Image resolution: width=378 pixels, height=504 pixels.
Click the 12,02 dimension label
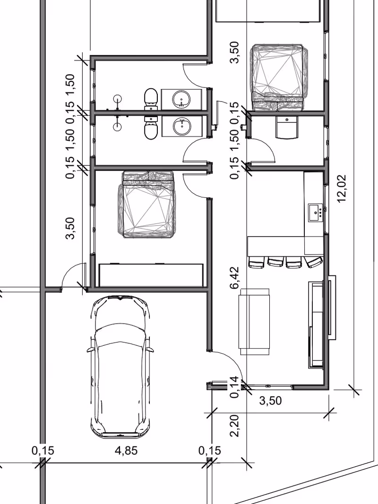tap(342, 188)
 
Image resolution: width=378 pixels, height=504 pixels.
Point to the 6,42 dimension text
tap(235, 277)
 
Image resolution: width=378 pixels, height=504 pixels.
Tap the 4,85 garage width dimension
tap(126, 451)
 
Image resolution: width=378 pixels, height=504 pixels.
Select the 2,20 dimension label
tap(235, 426)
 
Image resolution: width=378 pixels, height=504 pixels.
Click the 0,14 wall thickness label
tap(235, 387)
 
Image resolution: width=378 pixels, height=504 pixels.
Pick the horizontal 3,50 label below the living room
tap(270, 401)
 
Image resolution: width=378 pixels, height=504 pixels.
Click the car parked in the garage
tap(120, 367)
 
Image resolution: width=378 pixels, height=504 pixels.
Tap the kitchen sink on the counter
tap(316, 213)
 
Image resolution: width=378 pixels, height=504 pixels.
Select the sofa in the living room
tap(254, 321)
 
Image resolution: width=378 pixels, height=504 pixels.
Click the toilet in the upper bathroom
tap(150, 99)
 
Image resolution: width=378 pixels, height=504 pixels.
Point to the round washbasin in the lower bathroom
tap(182, 126)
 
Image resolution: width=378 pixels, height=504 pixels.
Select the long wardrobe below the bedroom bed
tap(151, 275)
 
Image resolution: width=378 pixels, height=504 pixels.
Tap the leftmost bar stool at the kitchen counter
tap(256, 262)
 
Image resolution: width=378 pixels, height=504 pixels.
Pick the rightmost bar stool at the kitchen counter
tap(314, 262)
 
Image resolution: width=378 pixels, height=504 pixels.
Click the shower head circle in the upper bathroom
tap(118, 99)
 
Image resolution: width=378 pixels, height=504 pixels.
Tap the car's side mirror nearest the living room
tap(149, 350)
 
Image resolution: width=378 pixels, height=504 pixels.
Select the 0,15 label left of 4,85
tap(43, 451)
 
